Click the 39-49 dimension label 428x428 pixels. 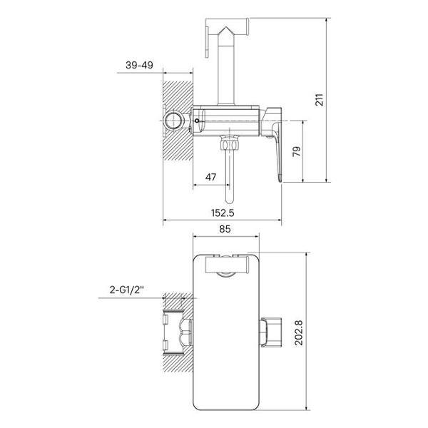coord(139,65)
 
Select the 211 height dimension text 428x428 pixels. coord(319,100)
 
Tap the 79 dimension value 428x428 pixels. coord(297,151)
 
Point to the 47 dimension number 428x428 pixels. coord(210,177)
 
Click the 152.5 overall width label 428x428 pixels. coord(223,213)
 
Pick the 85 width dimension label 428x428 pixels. coord(225,229)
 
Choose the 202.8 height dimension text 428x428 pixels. coord(299,333)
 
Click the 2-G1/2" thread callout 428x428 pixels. coord(127,290)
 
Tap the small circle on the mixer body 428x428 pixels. coord(197,121)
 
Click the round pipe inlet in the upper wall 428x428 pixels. coord(173,121)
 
